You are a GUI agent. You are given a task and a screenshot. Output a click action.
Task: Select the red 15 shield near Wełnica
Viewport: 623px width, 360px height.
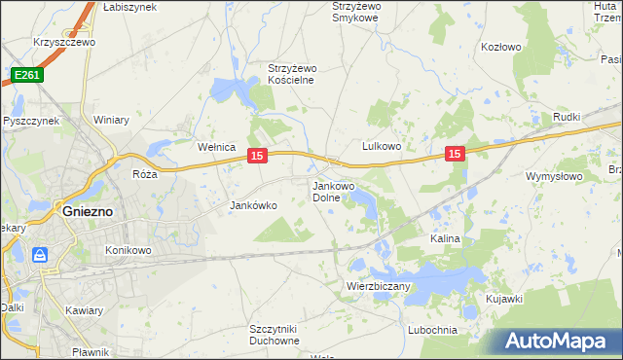257,156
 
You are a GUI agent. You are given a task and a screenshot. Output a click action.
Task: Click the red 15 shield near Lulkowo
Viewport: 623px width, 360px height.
455,154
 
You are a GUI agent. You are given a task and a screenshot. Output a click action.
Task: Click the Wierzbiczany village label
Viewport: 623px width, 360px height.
380,287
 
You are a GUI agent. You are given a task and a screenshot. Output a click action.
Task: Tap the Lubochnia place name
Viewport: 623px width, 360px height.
434,330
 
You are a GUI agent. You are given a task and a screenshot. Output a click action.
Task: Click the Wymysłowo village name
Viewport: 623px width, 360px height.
553,177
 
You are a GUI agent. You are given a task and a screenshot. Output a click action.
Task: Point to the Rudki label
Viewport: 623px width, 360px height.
566,118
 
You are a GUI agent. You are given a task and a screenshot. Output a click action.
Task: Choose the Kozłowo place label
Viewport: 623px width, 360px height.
502,47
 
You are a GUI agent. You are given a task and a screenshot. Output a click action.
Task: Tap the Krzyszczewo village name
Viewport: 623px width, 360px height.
63,43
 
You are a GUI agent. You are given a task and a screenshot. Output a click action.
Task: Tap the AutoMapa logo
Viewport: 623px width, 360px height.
552,342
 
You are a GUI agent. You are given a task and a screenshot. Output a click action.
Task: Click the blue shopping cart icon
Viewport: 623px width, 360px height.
40,256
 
